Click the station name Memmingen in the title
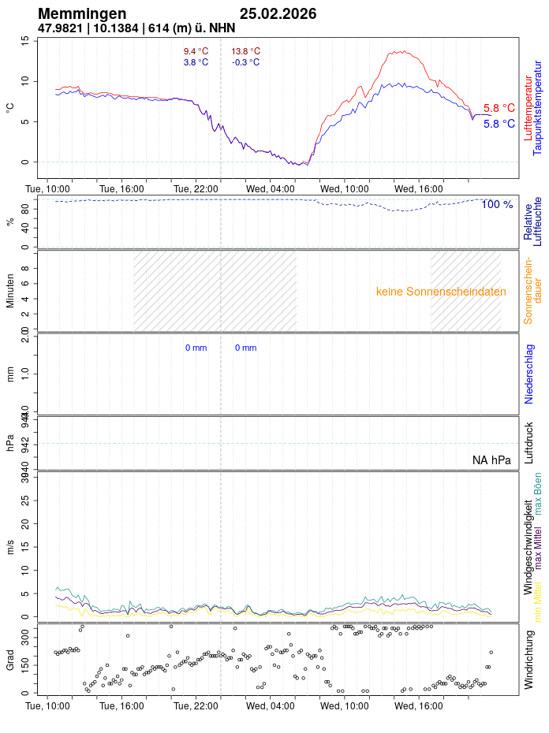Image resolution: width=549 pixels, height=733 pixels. (82, 13)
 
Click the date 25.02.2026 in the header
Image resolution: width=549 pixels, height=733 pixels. (278, 13)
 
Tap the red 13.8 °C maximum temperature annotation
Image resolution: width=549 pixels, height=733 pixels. (245, 51)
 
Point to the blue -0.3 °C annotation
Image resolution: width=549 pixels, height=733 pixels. (245, 62)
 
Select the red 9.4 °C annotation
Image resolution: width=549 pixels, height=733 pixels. (196, 51)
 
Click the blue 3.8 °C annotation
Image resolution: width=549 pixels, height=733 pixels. (196, 62)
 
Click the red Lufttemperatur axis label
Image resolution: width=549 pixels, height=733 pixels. (528, 106)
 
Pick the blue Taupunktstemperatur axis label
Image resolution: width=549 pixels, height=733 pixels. (538, 106)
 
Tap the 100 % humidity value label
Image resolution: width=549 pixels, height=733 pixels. (497, 204)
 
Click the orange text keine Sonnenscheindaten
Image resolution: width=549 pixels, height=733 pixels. (441, 291)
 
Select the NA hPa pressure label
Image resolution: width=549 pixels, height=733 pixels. (491, 460)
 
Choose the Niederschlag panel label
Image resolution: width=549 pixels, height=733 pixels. (529, 374)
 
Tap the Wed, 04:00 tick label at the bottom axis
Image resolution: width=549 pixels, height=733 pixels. (270, 705)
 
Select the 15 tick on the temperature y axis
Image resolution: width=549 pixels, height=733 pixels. (25, 40)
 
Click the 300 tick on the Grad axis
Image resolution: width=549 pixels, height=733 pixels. (25, 633)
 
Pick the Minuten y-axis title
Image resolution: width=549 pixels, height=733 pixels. (11, 291)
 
